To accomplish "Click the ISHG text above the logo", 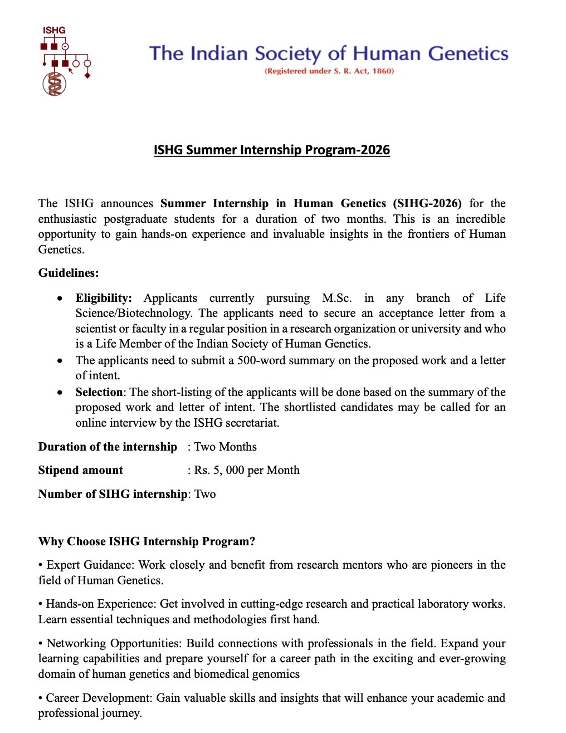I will [x=54, y=30].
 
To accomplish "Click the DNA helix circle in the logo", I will [x=55, y=84].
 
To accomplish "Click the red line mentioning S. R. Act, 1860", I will [x=329, y=71].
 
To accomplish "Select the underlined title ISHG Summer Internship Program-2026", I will [x=272, y=150].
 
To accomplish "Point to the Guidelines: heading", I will [x=69, y=273].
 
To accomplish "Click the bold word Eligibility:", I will [x=104, y=298].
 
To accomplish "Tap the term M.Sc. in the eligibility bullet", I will [x=336, y=298].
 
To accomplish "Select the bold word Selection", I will [x=99, y=392].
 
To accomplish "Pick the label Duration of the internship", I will [x=108, y=447].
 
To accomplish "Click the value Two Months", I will [x=225, y=447].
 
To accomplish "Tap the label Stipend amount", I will [x=81, y=470].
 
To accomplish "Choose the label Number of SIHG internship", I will [x=113, y=494].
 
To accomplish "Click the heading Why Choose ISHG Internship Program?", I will [x=147, y=541].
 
